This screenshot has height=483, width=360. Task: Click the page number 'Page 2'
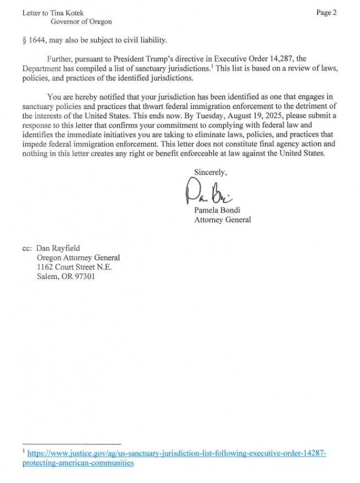pyautogui.click(x=326, y=13)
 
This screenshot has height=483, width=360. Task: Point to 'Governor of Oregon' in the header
pyautogui.click(x=81, y=21)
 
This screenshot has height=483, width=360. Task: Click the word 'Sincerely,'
pyautogui.click(x=211, y=172)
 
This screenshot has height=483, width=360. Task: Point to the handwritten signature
pyautogui.click(x=209, y=192)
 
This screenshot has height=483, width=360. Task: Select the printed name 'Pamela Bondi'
pyautogui.click(x=218, y=210)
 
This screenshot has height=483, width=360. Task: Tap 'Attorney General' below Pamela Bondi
pyautogui.click(x=223, y=219)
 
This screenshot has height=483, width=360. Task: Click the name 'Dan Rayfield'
pyautogui.click(x=58, y=248)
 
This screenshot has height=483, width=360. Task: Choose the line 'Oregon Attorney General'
pyautogui.click(x=78, y=257)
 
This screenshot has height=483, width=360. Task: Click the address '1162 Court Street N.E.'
pyautogui.click(x=74, y=267)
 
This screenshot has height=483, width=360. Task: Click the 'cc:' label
pyautogui.click(x=27, y=248)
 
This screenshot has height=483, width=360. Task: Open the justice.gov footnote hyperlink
pyautogui.click(x=176, y=453)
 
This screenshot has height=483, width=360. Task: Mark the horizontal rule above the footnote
pyautogui.click(x=71, y=443)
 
